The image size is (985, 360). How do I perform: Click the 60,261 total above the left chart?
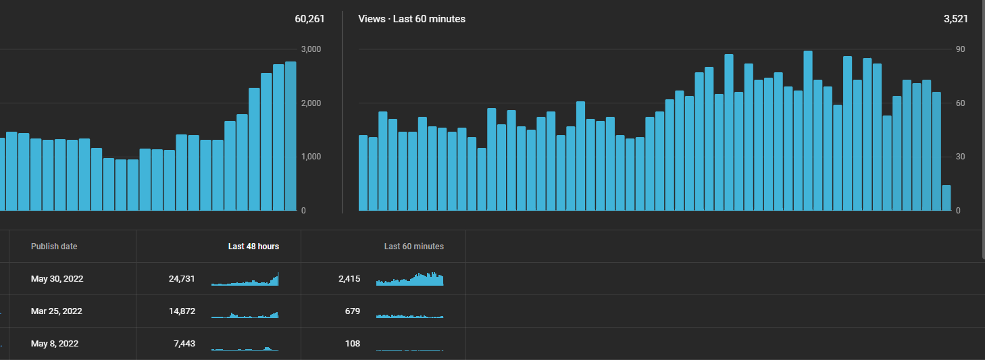[309, 19]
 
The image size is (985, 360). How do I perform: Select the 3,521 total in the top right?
[955, 19]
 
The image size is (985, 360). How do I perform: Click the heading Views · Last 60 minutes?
[411, 19]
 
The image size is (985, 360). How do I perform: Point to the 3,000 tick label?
[311, 49]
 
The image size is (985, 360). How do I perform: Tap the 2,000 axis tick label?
[311, 103]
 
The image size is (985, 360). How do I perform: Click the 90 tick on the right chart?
[961, 49]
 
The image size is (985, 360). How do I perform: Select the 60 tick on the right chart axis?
[961, 103]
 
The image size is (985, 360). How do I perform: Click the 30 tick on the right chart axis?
[961, 157]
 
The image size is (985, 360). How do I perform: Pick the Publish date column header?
[54, 247]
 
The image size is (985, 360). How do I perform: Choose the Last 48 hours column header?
[253, 247]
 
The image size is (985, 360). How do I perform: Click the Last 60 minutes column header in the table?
[413, 247]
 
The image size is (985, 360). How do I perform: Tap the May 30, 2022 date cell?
[57, 279]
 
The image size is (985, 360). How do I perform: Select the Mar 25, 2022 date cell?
[56, 311]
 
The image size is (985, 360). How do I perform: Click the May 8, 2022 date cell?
[55, 344]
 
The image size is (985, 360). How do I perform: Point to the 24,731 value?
[182, 279]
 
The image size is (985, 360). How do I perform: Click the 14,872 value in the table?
[182, 311]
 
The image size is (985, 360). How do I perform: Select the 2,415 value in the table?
[349, 279]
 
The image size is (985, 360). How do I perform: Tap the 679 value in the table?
[353, 311]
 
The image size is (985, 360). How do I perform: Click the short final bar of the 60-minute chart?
[946, 198]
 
